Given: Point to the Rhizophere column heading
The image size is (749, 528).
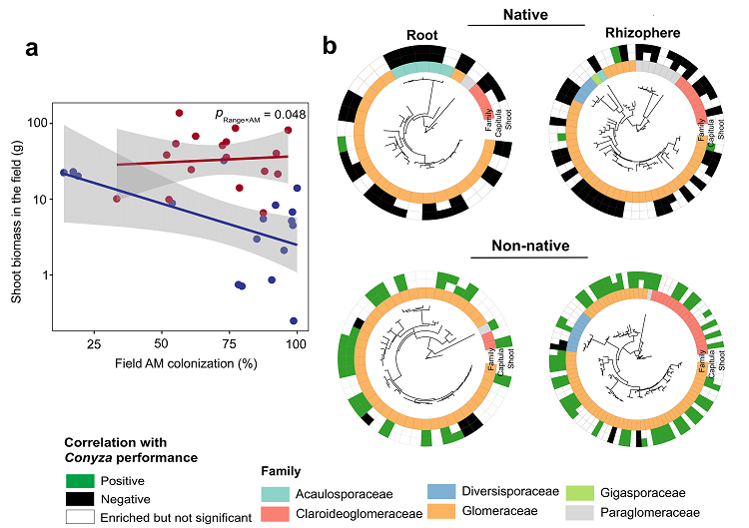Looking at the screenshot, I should point(643,33).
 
